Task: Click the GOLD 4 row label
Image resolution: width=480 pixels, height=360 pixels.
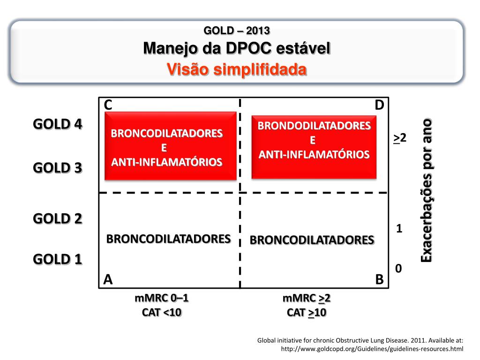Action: [58, 124]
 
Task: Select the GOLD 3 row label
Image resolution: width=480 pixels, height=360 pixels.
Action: [58, 168]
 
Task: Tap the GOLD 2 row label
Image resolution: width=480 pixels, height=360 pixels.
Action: [58, 218]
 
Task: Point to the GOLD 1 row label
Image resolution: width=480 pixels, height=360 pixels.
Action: [58, 259]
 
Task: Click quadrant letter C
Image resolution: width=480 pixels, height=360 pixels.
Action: [108, 105]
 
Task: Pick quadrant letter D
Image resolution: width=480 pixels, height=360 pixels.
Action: [379, 105]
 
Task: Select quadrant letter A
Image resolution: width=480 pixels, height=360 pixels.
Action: [108, 280]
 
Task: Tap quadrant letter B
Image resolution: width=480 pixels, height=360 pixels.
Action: [379, 280]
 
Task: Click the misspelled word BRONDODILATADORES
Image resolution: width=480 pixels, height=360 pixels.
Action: [314, 126]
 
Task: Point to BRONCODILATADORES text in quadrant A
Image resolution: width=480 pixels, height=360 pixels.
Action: [169, 239]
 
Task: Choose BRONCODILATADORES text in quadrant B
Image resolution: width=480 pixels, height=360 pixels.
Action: [312, 240]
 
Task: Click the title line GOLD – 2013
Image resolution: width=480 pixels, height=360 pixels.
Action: [237, 31]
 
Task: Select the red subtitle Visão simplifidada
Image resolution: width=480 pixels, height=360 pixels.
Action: [237, 69]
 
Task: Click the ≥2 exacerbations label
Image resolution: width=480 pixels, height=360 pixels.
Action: [399, 138]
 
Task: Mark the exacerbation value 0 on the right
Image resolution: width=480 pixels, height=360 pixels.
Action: [398, 269]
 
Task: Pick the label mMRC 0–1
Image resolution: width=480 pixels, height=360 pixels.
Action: [162, 299]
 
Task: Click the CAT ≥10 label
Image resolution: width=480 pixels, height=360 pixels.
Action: [307, 312]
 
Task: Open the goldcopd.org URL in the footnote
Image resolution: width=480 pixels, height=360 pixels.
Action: [372, 349]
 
